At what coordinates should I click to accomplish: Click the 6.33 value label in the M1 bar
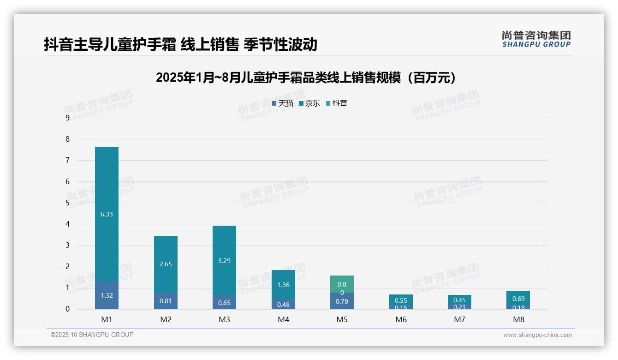(x=107, y=214)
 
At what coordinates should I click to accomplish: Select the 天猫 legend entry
(x=283, y=103)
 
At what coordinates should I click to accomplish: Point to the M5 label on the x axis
(x=342, y=319)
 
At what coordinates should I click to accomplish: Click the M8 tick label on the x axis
(x=518, y=319)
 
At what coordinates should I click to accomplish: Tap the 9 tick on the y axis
(x=68, y=118)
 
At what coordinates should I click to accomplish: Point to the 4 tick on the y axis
(x=68, y=224)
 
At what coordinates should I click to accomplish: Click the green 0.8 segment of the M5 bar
(x=342, y=284)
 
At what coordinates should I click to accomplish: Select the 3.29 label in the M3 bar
(x=224, y=261)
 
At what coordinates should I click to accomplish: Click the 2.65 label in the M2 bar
(x=166, y=264)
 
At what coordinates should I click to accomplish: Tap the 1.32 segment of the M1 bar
(x=107, y=295)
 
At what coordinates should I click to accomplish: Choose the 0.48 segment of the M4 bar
(x=283, y=304)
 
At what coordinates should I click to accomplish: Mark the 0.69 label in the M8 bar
(x=518, y=299)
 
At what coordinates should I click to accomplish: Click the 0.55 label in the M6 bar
(x=401, y=300)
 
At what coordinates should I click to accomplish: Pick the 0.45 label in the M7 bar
(x=459, y=300)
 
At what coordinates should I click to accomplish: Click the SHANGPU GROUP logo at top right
(x=536, y=39)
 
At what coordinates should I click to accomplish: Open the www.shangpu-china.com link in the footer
(x=537, y=335)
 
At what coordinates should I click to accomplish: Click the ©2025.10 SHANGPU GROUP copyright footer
(x=92, y=335)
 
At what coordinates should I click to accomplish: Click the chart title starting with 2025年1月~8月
(x=306, y=78)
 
